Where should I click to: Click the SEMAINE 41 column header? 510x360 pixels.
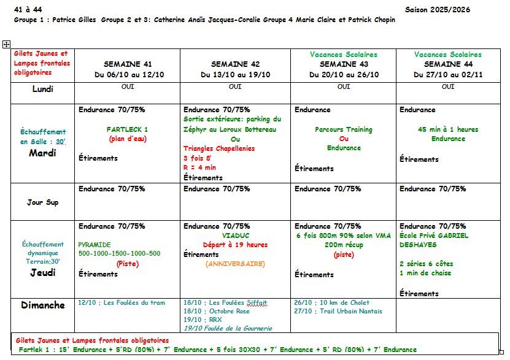click(127, 64)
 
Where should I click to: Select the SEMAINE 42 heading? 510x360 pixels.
click(235, 64)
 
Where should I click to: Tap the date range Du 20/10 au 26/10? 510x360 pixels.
click(344, 75)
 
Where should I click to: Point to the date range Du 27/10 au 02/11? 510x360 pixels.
click(448, 75)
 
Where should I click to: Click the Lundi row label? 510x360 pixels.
click(43, 89)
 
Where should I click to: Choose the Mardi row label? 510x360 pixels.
click(43, 153)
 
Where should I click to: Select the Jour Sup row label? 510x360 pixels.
click(43, 202)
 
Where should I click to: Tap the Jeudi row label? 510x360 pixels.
click(43, 273)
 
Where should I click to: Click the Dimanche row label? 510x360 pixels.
click(43, 305)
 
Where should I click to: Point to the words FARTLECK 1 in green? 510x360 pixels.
click(127, 129)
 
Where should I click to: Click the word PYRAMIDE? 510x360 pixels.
click(95, 244)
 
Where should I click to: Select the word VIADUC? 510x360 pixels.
click(234, 235)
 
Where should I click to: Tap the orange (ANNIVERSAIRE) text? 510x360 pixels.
click(235, 264)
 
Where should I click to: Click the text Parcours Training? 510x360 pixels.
click(344, 129)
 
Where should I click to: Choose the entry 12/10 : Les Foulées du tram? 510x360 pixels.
click(122, 302)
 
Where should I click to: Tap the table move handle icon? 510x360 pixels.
click(6, 44)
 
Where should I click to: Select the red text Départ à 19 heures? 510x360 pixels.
click(235, 245)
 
